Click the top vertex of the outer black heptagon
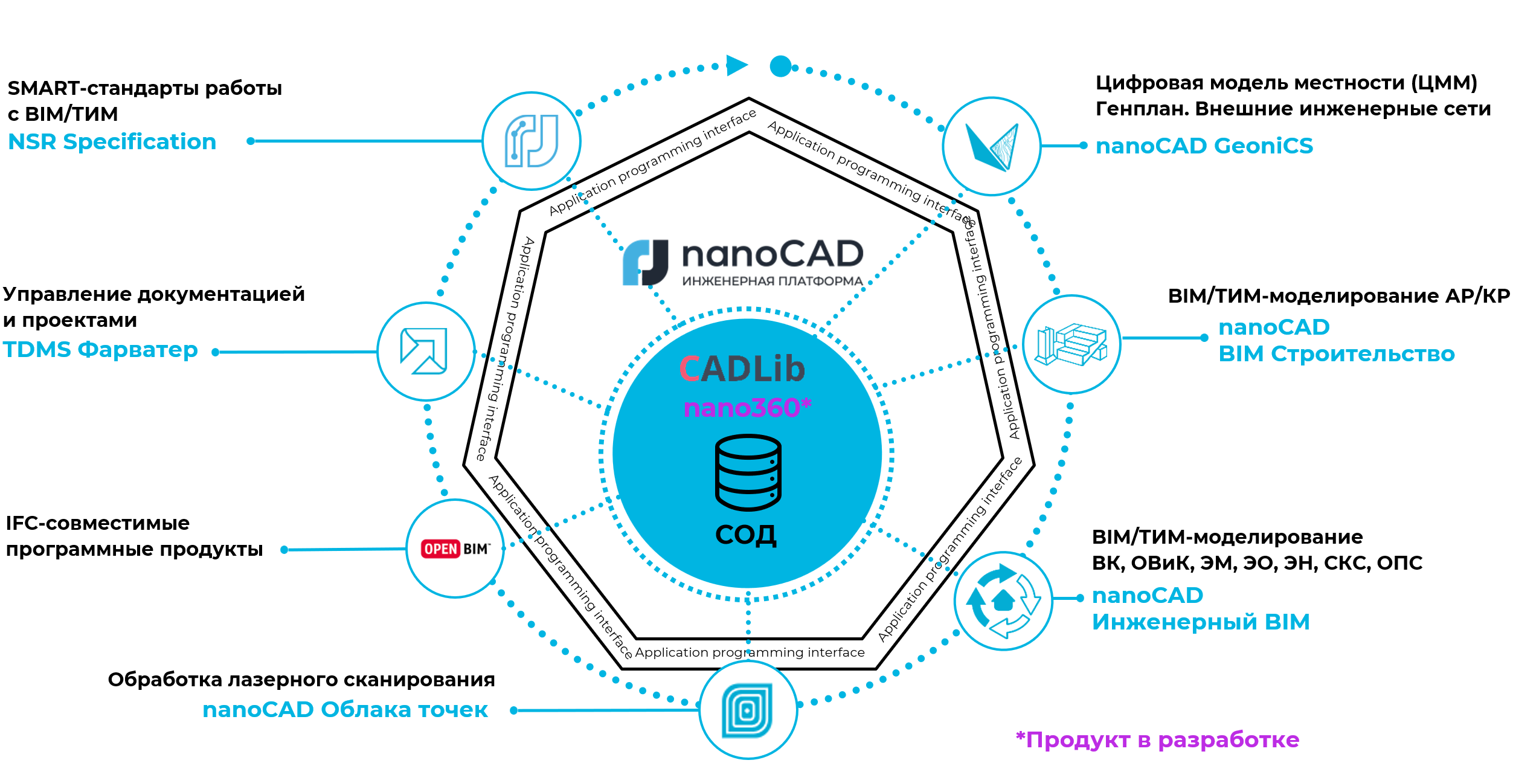[749, 98]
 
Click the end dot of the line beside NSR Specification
[251, 141]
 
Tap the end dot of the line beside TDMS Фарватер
[216, 352]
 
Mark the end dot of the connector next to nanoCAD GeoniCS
[1084, 146]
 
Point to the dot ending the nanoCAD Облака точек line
[513, 710]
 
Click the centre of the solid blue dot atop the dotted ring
[781, 66]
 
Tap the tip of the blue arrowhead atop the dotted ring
[748, 65]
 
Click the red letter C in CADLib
[690, 369]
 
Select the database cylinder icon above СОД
[748, 472]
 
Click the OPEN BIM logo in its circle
[455, 549]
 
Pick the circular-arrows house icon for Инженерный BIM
[1003, 601]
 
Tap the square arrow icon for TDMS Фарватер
[424, 351]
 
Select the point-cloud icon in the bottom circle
[748, 710]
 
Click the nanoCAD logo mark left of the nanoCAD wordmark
[646, 263]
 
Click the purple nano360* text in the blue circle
[747, 408]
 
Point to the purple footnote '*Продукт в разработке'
[1157, 740]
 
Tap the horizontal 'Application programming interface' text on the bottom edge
[750, 652]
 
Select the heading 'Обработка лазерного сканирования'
[301, 680]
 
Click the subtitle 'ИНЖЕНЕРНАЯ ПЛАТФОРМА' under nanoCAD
[773, 281]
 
